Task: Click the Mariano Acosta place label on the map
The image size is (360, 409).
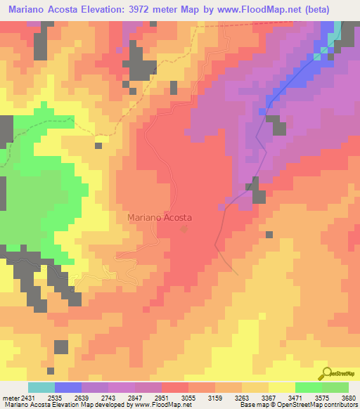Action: coord(160,218)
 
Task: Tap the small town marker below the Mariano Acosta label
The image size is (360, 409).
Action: coord(185,228)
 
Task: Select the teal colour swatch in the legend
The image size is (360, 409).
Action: coord(41,387)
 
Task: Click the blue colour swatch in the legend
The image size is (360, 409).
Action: coord(68,387)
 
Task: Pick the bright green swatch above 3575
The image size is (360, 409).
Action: coord(308,387)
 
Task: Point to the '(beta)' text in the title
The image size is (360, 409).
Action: coord(335,9)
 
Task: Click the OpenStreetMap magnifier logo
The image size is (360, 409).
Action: coord(325,374)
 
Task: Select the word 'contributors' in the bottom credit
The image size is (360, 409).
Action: coord(339,405)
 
